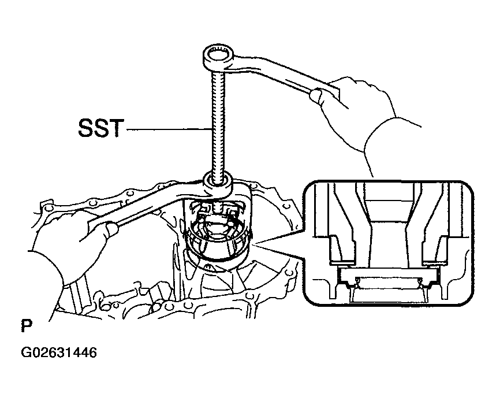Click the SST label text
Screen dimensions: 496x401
[x=101, y=128]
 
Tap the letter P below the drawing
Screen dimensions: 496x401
[x=27, y=326]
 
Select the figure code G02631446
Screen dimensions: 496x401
[x=59, y=352]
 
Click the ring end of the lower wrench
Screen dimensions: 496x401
[x=218, y=184]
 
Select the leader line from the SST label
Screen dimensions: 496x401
[x=169, y=129]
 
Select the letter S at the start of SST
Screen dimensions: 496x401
[x=85, y=128]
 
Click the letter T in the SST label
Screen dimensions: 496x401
[x=117, y=128]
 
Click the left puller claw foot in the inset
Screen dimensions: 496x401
[x=342, y=262]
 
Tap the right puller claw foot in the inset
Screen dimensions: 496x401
[x=435, y=262]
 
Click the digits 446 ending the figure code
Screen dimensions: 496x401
[x=85, y=352]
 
